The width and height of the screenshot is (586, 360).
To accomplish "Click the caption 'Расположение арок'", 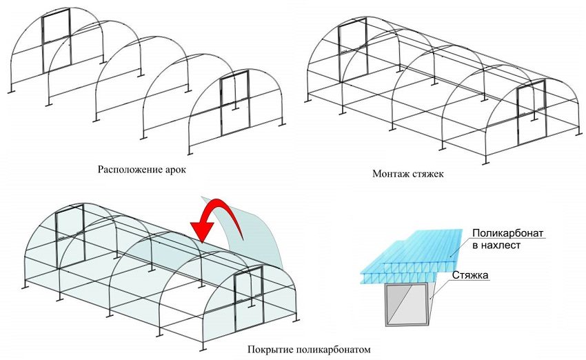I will (143, 169).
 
